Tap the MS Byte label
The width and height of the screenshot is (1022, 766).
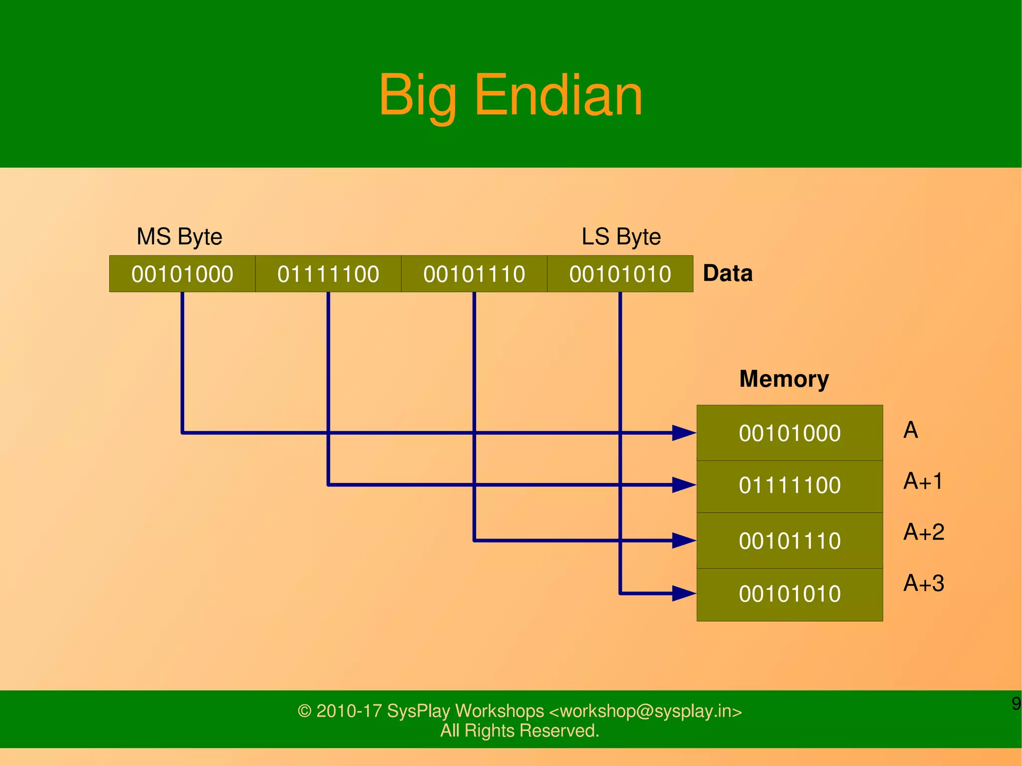[179, 237]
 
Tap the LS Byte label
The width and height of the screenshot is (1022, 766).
[621, 237]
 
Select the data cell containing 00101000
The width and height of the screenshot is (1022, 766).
[182, 274]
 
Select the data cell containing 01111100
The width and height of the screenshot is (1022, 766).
[328, 274]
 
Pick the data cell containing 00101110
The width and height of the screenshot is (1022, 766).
[474, 274]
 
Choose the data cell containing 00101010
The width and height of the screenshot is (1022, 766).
[620, 274]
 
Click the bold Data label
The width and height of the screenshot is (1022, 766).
[727, 273]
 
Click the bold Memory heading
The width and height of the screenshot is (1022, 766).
[783, 379]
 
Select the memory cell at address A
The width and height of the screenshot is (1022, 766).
[789, 433]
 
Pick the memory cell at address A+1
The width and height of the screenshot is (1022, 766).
[789, 486]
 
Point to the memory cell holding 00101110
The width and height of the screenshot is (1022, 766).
[789, 541]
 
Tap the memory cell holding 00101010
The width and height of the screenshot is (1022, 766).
[789, 594]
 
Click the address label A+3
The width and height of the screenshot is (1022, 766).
[923, 583]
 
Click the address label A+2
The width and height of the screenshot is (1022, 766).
[923, 532]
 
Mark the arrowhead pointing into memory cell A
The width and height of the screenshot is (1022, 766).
[684, 433]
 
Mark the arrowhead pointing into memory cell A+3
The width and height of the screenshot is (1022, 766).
[684, 593]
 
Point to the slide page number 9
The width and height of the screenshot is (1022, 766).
[1016, 704]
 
